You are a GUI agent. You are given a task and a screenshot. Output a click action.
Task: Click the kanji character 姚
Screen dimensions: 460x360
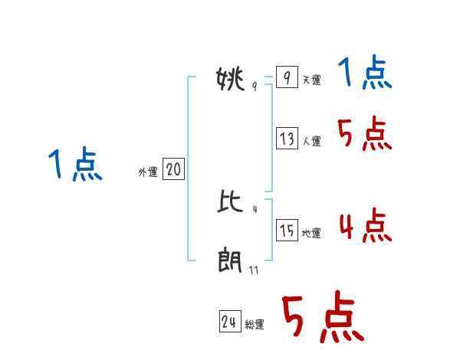[x=230, y=79]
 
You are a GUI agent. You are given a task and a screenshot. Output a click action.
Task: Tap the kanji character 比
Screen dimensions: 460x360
[x=230, y=202]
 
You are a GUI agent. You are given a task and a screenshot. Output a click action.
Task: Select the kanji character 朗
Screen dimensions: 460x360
[x=230, y=263]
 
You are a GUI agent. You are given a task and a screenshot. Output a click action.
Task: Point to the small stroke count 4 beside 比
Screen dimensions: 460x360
[x=254, y=208]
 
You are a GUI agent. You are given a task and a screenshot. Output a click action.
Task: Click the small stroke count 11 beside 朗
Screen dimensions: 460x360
[x=254, y=270]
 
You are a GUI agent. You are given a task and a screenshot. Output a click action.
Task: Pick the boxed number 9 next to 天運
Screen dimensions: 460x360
[x=286, y=77]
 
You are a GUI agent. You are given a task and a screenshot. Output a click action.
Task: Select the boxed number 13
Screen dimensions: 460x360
[x=287, y=139]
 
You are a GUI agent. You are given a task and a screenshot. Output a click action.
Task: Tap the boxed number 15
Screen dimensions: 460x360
[x=287, y=231]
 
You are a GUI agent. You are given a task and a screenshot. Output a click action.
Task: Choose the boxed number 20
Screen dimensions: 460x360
[x=173, y=169]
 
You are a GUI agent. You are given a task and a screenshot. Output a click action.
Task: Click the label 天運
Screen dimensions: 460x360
[x=311, y=80]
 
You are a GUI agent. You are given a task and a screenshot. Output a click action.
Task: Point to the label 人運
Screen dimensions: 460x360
[x=311, y=142]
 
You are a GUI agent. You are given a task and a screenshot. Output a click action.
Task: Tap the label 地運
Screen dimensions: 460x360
[x=311, y=234]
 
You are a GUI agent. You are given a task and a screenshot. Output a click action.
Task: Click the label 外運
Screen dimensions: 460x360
[x=147, y=173]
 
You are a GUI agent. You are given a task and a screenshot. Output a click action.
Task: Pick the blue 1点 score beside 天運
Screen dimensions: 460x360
[x=365, y=74]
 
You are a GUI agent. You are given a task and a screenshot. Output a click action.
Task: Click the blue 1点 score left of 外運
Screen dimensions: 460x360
[x=75, y=165]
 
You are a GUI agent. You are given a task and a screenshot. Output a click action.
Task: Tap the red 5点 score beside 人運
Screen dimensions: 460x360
[x=365, y=135]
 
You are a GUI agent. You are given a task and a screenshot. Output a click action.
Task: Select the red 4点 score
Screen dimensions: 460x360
[x=365, y=226]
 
